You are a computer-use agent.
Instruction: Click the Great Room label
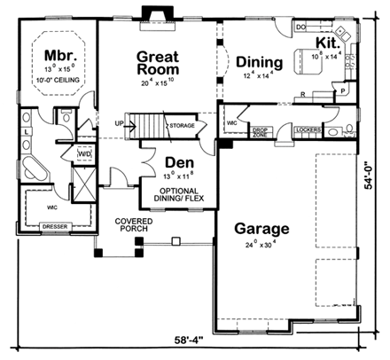(x=159, y=62)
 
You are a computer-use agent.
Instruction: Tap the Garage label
(x=256, y=228)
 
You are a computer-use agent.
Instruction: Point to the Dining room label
(x=260, y=62)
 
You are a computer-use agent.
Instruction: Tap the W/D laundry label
(x=85, y=154)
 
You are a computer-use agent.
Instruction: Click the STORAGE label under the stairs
(x=182, y=126)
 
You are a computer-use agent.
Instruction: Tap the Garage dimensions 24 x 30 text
(x=257, y=245)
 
